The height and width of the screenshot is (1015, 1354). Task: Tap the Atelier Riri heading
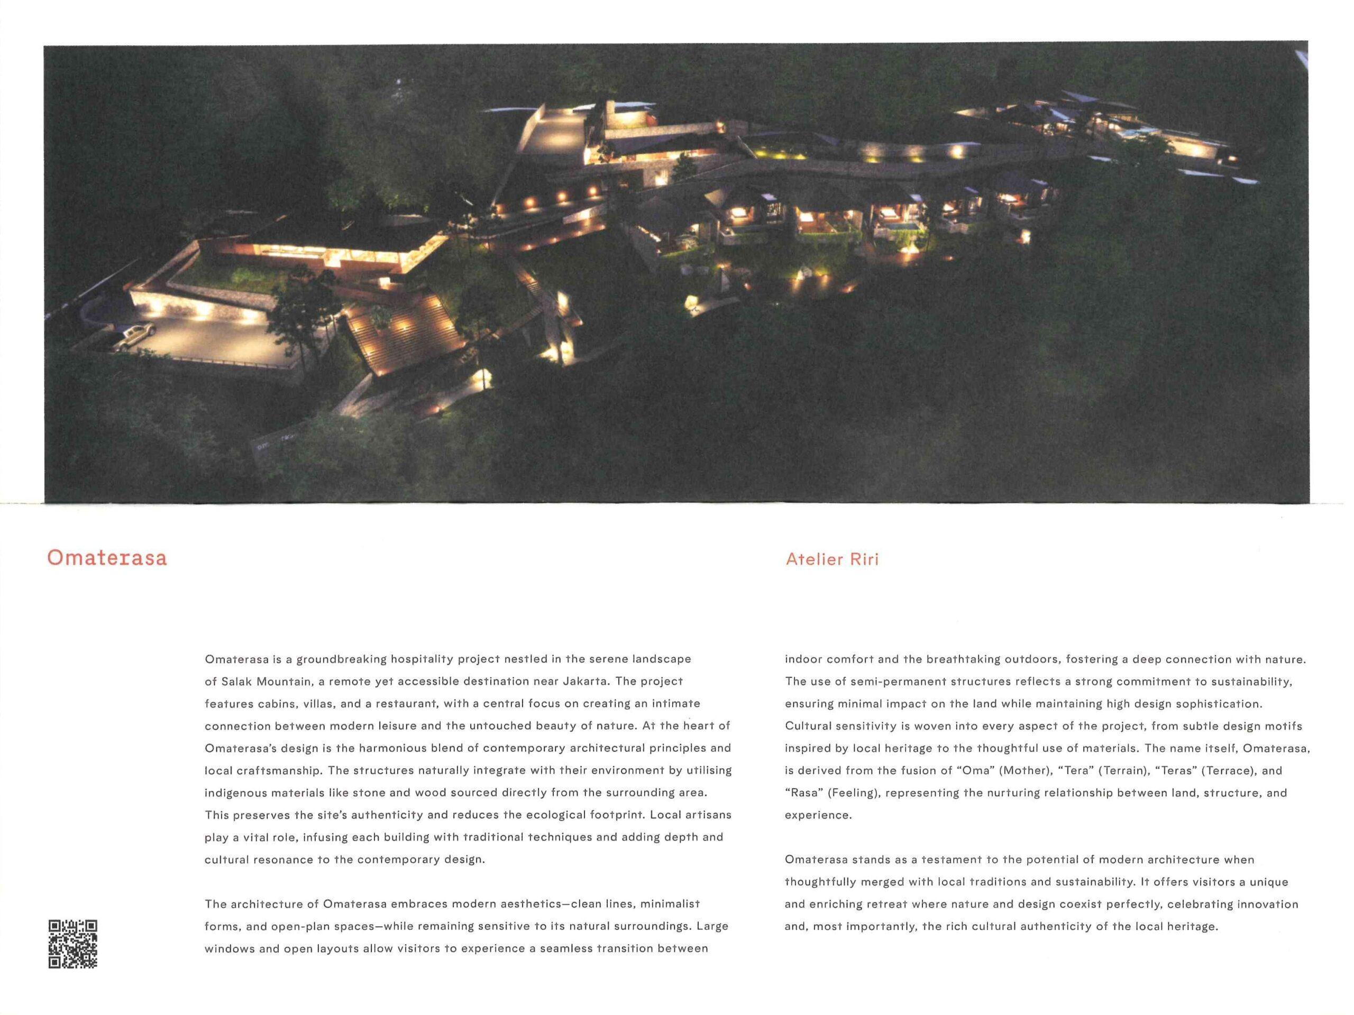point(831,559)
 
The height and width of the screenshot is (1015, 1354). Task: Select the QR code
point(73,944)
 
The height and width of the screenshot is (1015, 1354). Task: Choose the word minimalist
point(670,903)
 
